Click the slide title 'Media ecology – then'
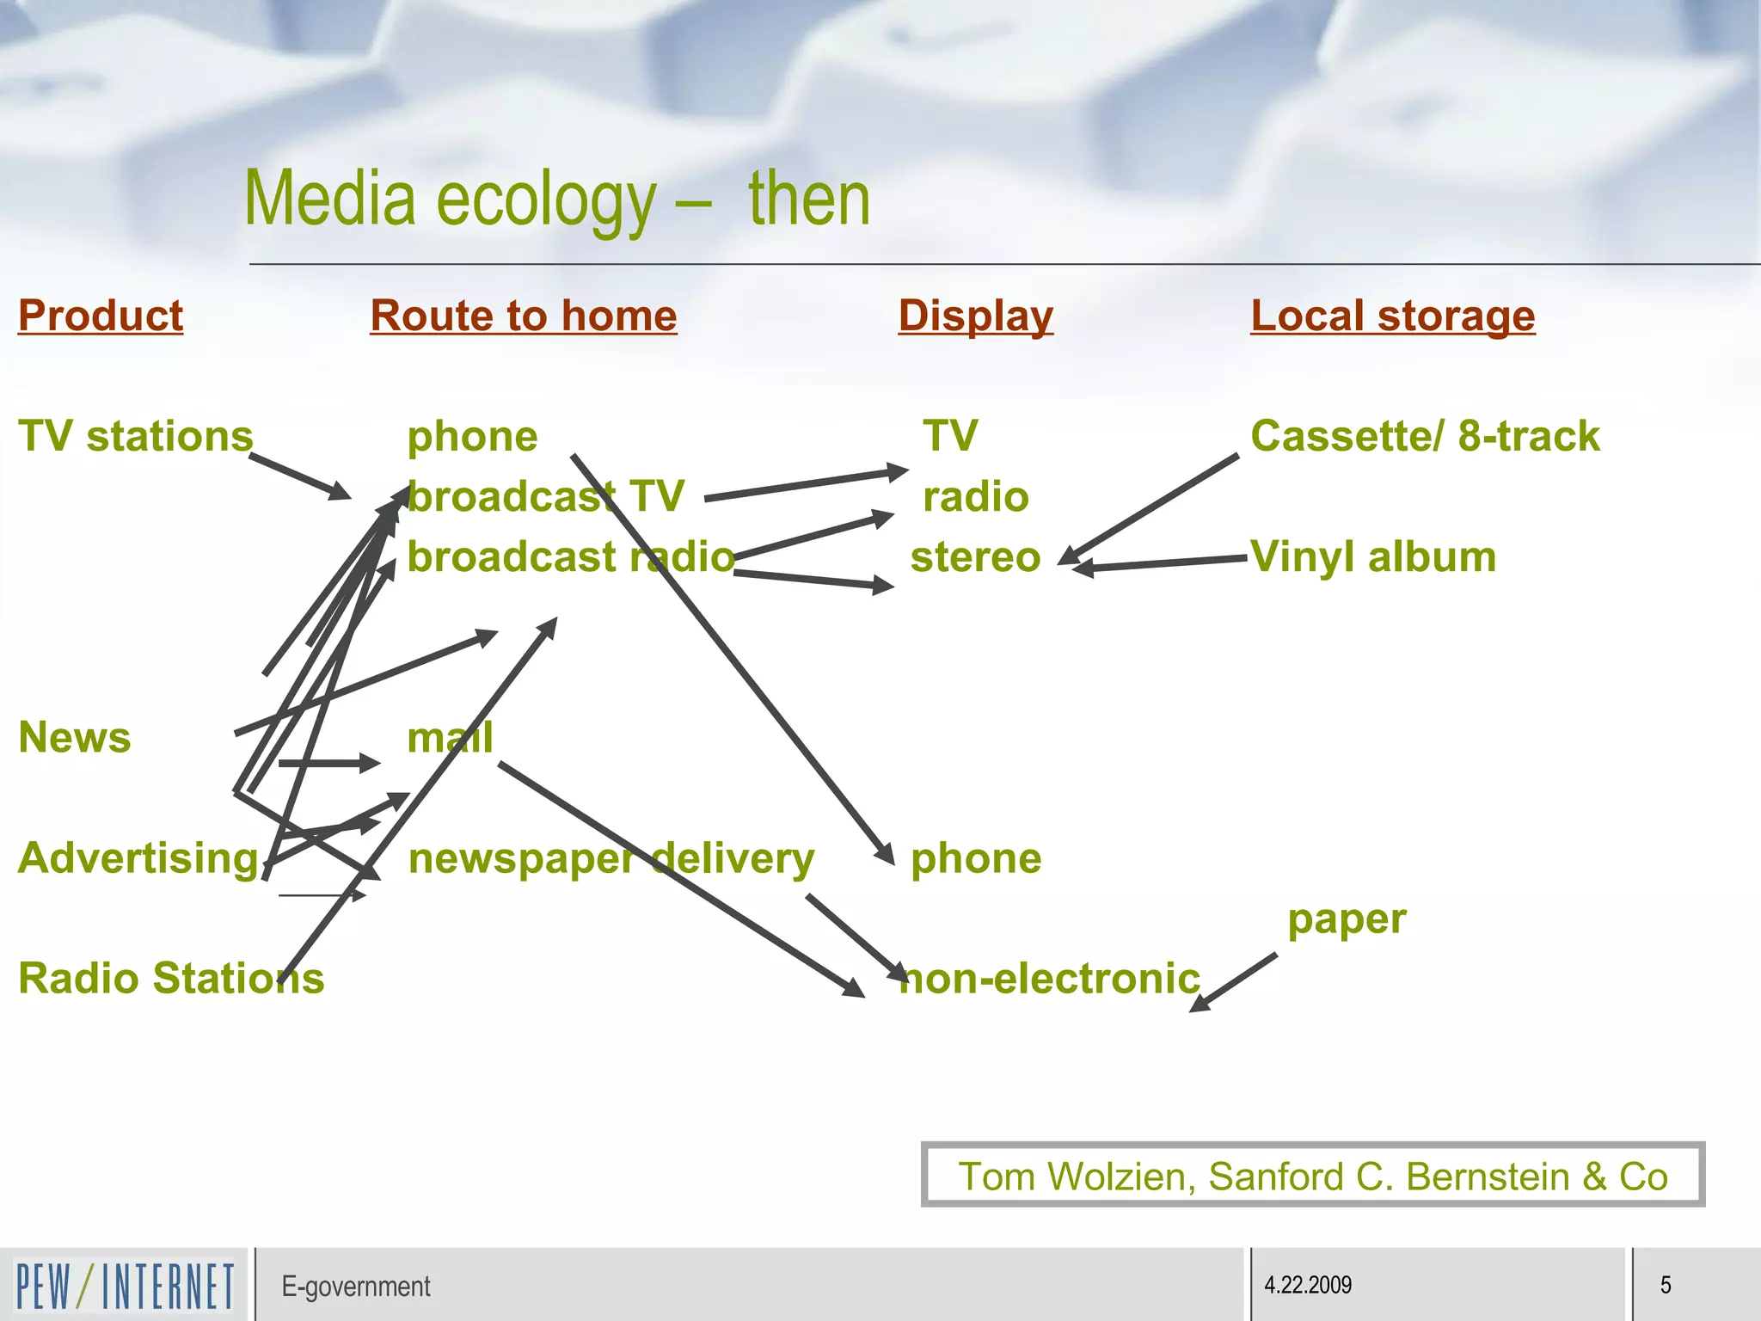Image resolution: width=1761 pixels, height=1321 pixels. [557, 200]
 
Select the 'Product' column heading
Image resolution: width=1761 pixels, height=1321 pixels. [101, 316]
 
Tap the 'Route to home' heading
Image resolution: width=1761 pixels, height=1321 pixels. [524, 316]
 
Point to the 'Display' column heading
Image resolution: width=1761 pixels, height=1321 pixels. [975, 316]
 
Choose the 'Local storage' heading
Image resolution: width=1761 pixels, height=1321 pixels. [1392, 316]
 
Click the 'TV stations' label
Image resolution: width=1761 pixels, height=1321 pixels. [136, 436]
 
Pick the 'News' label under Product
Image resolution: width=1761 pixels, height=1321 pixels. [75, 738]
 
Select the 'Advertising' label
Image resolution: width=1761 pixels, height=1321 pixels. [138, 858]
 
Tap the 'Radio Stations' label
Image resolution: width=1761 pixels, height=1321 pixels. [171, 979]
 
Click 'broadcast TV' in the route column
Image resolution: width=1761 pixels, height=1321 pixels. [546, 496]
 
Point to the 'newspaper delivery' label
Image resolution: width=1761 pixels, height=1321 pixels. [611, 858]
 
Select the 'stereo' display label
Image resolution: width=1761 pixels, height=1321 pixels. [975, 556]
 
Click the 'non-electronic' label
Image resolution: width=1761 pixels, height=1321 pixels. [1049, 979]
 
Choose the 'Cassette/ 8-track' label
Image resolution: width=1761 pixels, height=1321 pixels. [1425, 436]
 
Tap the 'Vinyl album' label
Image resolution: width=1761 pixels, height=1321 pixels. [1373, 556]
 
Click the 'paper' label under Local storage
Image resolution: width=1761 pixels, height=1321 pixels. [1347, 919]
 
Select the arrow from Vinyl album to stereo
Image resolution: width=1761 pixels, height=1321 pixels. [1161, 563]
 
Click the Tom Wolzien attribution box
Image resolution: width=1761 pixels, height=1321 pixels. [1312, 1176]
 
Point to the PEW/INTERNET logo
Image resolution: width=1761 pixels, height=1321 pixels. [125, 1286]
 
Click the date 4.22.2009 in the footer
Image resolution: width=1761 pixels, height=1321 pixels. [1308, 1286]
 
